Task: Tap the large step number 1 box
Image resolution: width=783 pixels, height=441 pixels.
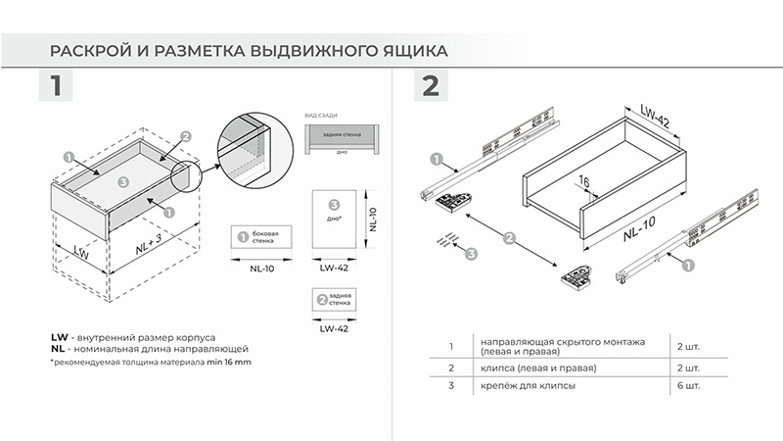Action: click(x=56, y=85)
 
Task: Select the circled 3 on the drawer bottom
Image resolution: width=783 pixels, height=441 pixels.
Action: click(x=121, y=182)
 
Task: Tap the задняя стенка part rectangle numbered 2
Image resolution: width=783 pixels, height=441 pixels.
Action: click(x=334, y=300)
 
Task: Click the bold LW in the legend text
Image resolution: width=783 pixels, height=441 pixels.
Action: click(x=58, y=336)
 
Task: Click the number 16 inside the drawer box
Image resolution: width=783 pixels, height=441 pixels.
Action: click(x=582, y=180)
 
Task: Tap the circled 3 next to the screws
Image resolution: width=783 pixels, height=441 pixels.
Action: click(x=471, y=254)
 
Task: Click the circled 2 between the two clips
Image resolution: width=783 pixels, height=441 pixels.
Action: click(x=509, y=237)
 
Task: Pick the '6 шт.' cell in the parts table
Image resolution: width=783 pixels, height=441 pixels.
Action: click(x=687, y=386)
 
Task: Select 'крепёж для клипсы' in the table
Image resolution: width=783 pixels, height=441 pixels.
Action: click(x=526, y=386)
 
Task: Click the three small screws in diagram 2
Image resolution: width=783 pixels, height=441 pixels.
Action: click(x=444, y=240)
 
